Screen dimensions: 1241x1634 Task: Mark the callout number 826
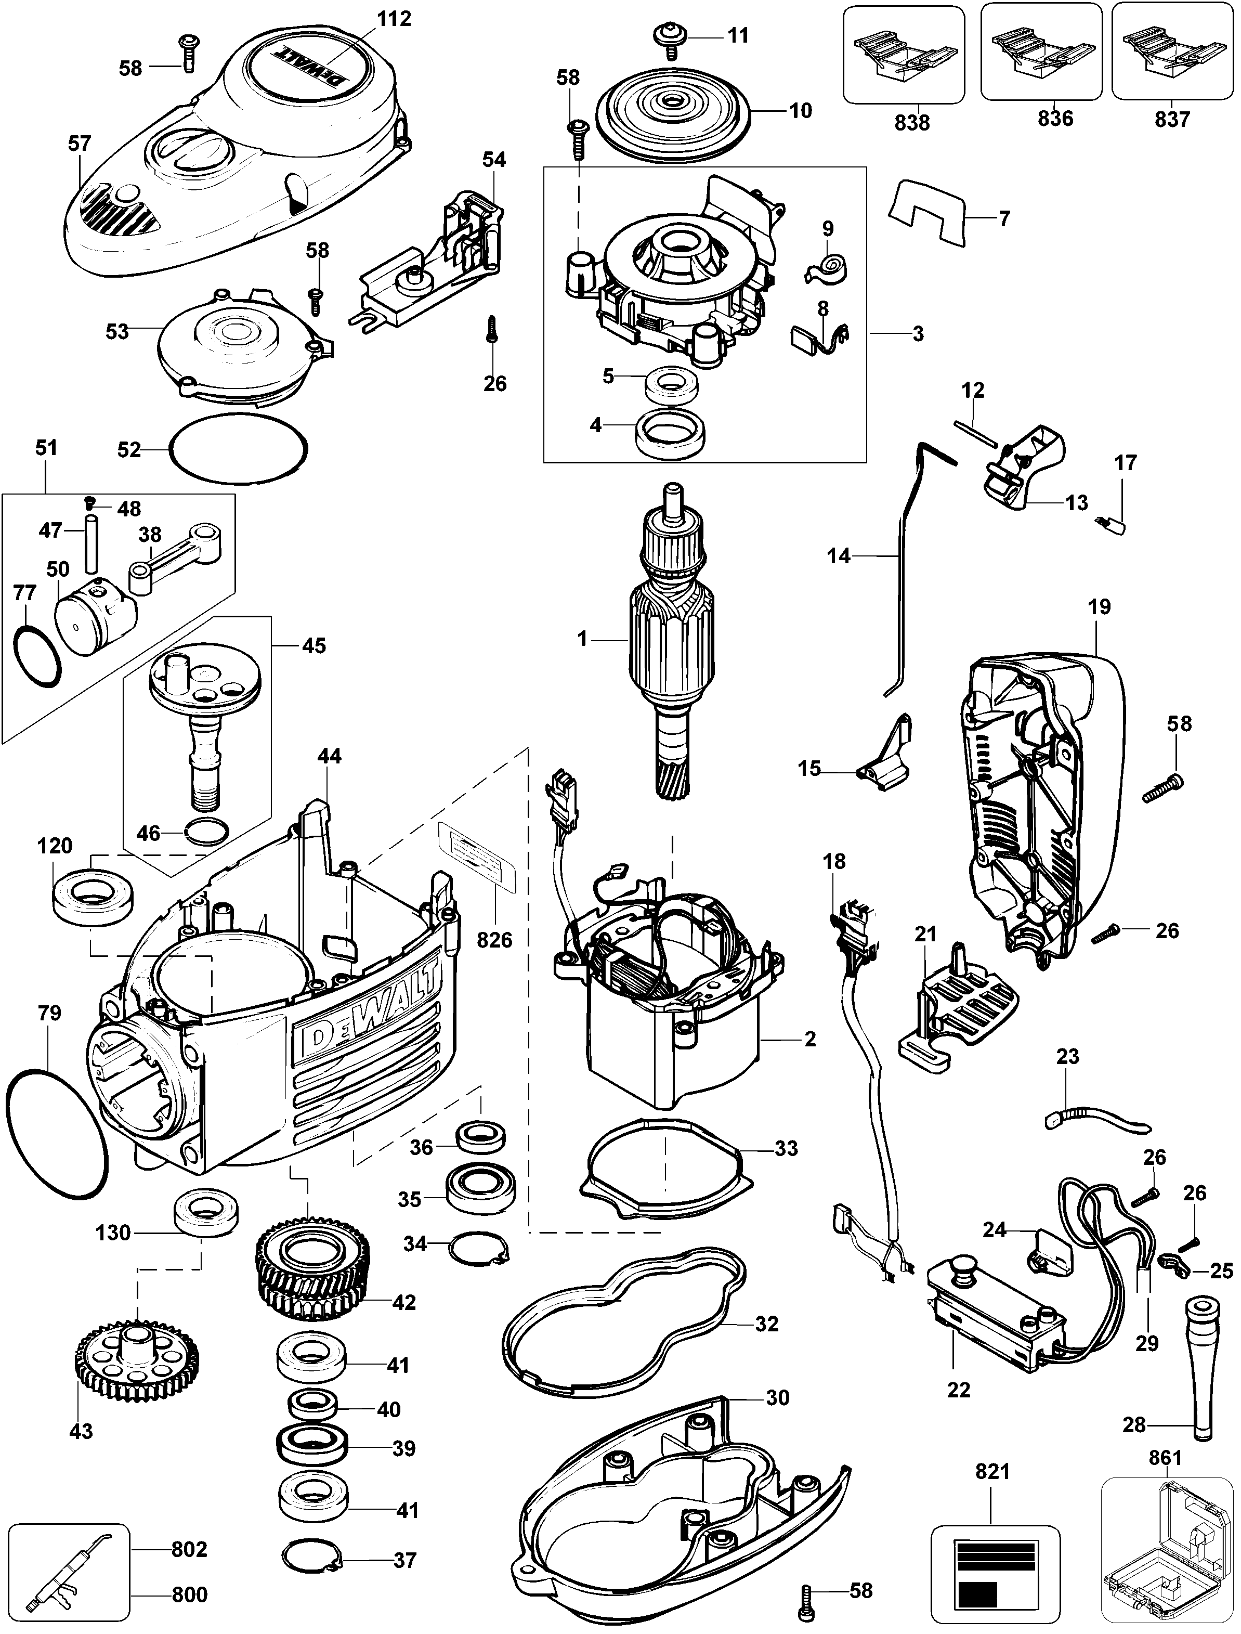(494, 940)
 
